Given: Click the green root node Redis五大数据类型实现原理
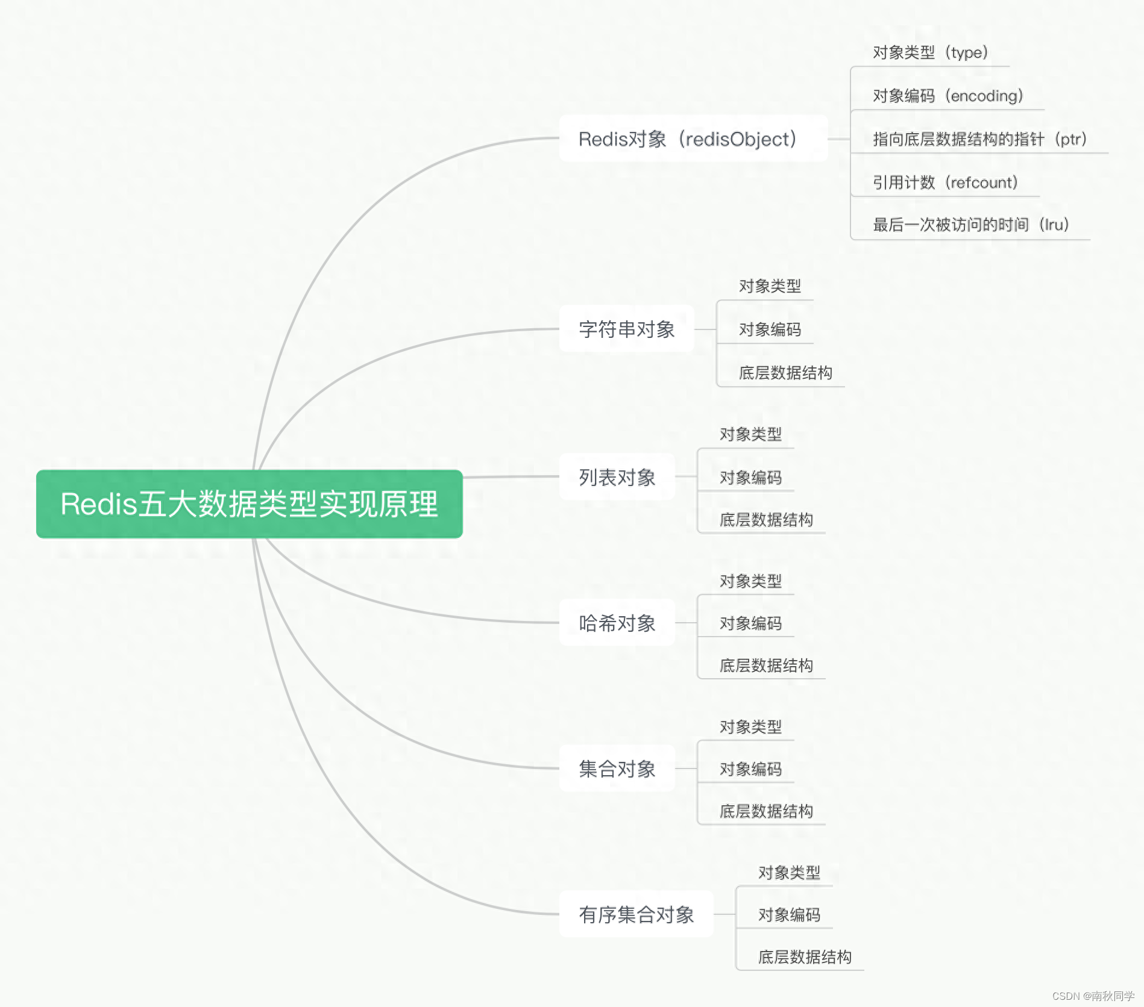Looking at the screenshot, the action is [249, 503].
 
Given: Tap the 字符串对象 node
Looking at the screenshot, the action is [626, 329].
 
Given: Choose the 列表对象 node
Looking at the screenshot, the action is [617, 477].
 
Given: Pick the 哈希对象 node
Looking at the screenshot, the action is [617, 623].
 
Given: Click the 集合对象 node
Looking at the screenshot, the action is [617, 768].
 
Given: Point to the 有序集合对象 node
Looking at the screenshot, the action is [636, 914].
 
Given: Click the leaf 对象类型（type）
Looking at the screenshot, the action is [930, 52].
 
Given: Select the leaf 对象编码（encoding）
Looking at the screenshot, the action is [948, 96].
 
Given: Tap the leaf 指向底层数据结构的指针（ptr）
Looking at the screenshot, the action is [979, 139].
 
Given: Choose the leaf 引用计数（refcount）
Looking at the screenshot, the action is [945, 182].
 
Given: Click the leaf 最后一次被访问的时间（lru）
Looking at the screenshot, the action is [970, 225].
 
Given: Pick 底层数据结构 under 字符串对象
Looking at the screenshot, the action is [785, 373].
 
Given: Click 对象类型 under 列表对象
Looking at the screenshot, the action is [750, 434].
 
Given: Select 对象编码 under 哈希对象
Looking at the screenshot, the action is [750, 623].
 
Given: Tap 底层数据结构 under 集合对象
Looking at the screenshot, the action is [766, 811].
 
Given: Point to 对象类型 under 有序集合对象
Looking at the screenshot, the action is [789, 872].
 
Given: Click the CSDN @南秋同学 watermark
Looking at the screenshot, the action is [1093, 996].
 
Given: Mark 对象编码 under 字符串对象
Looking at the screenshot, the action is [770, 329].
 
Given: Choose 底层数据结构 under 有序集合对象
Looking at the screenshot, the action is [805, 957].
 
